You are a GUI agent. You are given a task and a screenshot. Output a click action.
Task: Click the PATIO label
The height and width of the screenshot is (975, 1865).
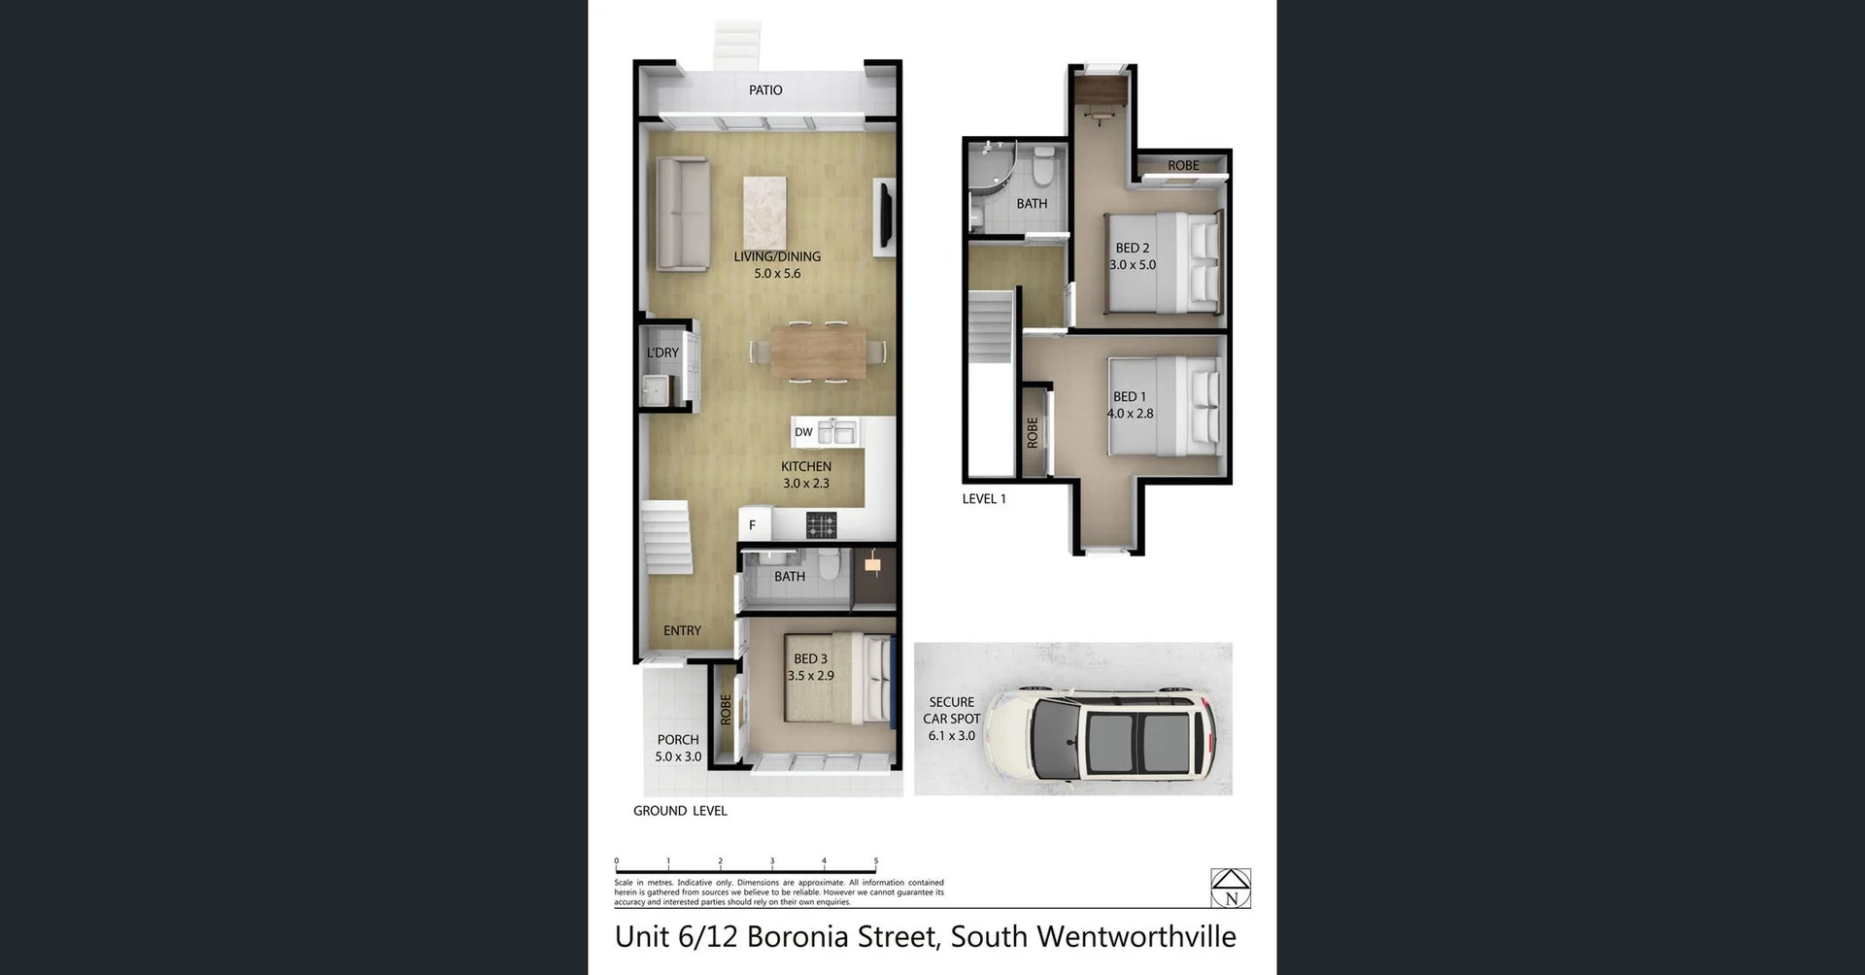click(765, 90)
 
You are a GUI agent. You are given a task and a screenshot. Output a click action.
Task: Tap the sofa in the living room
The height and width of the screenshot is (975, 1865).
click(681, 213)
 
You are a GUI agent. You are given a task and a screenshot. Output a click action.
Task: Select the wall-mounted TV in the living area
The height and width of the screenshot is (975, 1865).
click(885, 217)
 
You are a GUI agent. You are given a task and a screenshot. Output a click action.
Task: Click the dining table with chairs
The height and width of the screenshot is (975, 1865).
click(818, 352)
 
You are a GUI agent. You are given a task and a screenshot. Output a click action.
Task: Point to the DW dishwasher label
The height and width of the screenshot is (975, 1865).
click(803, 432)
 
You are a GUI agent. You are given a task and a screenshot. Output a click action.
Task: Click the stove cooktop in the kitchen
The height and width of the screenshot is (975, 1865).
click(821, 525)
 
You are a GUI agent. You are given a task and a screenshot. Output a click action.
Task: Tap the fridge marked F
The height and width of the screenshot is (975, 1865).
click(753, 525)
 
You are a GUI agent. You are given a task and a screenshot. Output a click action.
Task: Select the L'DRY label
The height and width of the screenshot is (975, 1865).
click(662, 353)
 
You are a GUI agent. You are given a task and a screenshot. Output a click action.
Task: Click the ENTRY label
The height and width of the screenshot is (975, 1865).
click(682, 631)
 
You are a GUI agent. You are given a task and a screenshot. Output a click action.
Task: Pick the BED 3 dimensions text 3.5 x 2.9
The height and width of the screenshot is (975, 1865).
click(810, 676)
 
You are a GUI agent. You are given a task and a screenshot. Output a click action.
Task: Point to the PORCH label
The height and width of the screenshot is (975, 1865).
click(678, 740)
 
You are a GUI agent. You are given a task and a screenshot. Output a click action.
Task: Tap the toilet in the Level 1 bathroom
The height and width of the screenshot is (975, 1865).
click(1044, 166)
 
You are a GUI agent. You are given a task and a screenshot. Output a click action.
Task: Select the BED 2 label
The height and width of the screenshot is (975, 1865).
click(1133, 248)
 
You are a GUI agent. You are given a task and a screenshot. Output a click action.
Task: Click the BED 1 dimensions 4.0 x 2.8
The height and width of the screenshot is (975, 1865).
click(1130, 414)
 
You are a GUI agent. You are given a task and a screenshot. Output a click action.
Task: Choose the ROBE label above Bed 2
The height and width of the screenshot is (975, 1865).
click(1183, 166)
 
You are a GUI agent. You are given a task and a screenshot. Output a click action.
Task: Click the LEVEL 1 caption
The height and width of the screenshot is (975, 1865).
click(984, 499)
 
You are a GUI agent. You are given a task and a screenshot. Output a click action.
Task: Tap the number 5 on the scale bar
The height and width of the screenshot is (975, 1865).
click(876, 861)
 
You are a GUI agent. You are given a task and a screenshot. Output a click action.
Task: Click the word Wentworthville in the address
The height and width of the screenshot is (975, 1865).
click(1136, 937)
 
